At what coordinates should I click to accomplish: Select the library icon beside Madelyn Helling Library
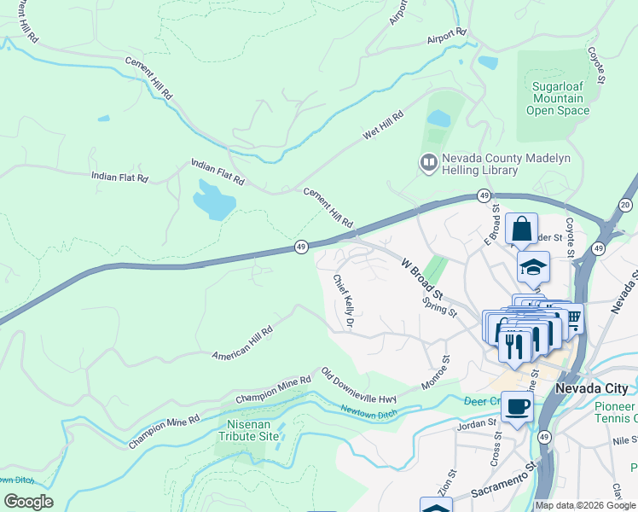coord(427,160)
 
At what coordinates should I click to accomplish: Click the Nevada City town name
coord(591,388)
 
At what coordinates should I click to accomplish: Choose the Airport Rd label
coord(448,38)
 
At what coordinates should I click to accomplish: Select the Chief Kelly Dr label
coord(344,301)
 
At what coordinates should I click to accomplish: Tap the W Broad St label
coord(424,274)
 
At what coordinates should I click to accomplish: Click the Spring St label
coord(440,306)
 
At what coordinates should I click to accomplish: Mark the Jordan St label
coord(476,422)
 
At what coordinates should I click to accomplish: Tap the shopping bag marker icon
coord(521,229)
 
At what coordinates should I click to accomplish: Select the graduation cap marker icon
coord(533,267)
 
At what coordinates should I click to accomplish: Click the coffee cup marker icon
coord(517,406)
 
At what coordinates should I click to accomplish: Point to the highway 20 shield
coord(625,205)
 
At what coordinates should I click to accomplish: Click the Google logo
coord(28,502)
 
